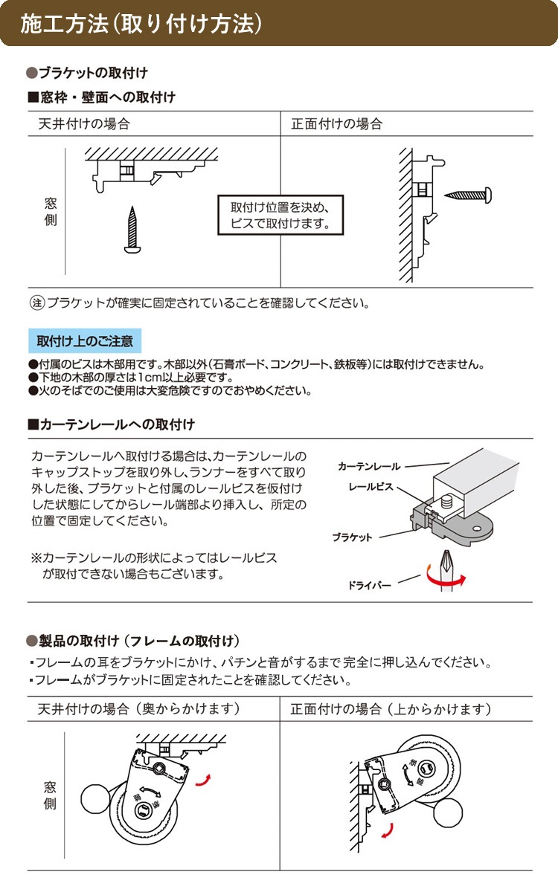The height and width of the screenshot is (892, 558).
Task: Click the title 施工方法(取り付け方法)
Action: tap(141, 24)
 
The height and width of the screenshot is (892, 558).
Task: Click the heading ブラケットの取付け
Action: tap(92, 73)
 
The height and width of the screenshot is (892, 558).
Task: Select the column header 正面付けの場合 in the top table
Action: tap(336, 124)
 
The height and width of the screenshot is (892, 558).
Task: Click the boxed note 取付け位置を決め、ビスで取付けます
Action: tap(280, 215)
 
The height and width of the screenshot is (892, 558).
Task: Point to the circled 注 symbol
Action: tap(36, 303)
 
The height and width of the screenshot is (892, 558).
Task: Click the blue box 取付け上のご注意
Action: tap(85, 341)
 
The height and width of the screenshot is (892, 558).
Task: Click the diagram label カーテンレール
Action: tap(368, 467)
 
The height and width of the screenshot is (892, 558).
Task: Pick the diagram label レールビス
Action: tap(372, 488)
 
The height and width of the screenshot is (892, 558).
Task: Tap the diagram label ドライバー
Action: tap(369, 586)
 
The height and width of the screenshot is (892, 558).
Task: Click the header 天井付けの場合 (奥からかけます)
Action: tap(138, 709)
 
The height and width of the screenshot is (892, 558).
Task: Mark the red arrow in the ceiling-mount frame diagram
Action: tap(202, 778)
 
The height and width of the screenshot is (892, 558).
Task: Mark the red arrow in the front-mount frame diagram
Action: tap(387, 830)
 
